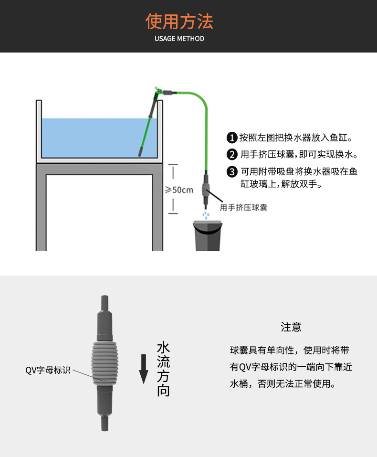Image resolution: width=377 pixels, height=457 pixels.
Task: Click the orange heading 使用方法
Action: coord(179,21)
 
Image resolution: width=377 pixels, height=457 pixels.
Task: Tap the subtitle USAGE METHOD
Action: coord(179,39)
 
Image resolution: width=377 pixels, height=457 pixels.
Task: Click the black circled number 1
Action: coord(232,138)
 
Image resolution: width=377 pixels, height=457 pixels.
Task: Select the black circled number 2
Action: coord(232,155)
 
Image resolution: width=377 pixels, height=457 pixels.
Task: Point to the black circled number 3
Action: coord(232,171)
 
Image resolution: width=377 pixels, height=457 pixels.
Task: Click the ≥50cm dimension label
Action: coord(179,190)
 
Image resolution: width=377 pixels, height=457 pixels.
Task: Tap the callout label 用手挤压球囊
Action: coord(243,207)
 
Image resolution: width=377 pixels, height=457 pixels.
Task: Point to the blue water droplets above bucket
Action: coord(206,215)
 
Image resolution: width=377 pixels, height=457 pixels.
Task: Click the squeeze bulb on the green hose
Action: coord(206,189)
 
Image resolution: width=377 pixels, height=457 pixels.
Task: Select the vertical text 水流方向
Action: coord(163,369)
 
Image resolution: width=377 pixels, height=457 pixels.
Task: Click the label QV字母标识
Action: coord(48,370)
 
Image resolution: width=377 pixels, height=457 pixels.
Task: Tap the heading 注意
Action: coord(291,327)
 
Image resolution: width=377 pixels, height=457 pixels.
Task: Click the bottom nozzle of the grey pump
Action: coord(104,423)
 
